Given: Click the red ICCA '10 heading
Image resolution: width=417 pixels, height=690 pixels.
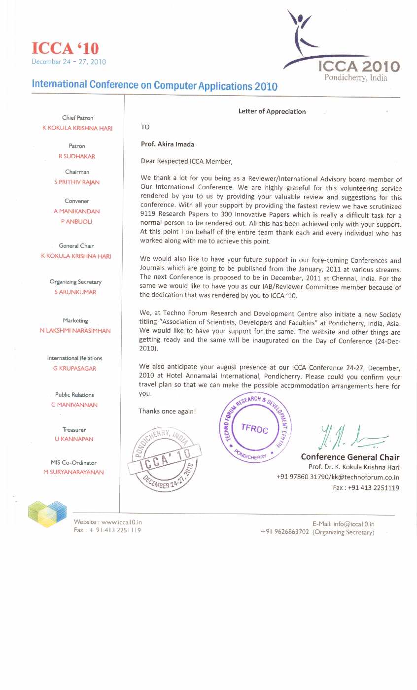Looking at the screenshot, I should pos(65,48).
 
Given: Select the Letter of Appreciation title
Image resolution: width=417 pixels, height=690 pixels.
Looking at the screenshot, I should pos(272,111).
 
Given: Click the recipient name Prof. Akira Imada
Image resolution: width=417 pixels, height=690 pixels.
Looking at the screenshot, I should pos(168,144).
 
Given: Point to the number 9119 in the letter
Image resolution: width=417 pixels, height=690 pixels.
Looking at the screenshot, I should pos(148,215).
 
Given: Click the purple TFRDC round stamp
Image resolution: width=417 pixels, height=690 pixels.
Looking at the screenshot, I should pos(255,428).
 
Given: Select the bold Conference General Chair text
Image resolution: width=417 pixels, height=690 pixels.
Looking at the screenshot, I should pos(350,457).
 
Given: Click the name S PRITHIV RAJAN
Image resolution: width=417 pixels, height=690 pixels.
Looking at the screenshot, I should pos(77,182).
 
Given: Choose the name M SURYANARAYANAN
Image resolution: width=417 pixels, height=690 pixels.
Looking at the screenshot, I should pos(73,472).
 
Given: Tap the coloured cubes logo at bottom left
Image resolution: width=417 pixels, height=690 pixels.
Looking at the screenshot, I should pos(47,514).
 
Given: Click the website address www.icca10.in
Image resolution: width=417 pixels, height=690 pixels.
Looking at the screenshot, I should pos(121,522).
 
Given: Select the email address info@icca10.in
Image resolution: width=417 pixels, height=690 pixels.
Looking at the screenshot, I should pos(354,524).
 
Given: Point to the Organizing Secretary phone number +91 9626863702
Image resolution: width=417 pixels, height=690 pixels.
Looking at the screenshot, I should pos(285,532).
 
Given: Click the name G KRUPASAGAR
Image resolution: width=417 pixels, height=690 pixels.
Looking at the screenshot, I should pos(74,368).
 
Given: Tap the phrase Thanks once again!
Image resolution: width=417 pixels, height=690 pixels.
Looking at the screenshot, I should pos(167,411).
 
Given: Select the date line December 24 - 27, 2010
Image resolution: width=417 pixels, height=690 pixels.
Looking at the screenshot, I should pos(69,62).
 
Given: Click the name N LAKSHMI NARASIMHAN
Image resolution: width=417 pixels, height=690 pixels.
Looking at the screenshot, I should pos(75,331).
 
